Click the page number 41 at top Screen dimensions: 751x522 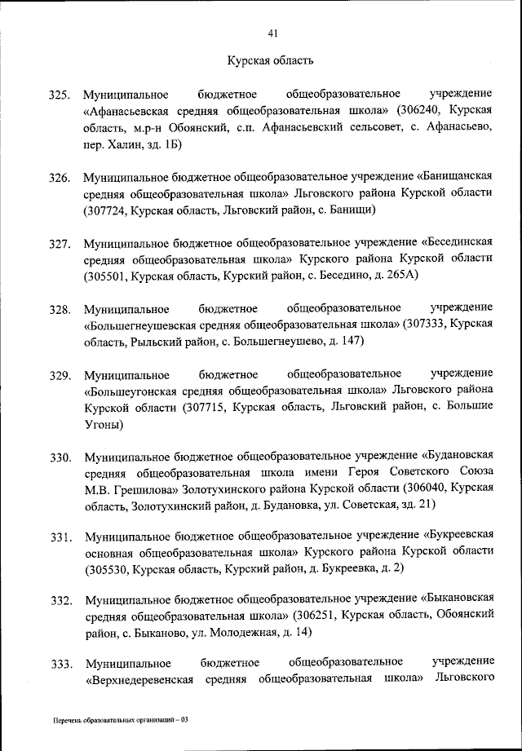click(x=273, y=33)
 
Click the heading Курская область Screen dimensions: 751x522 click(x=269, y=60)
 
